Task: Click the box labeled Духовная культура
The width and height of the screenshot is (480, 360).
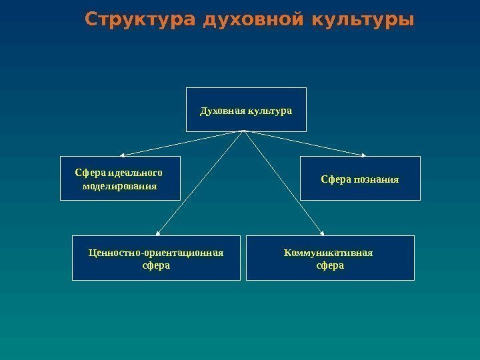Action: click(x=246, y=109)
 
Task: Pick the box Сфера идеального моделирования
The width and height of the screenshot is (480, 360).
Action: click(x=120, y=178)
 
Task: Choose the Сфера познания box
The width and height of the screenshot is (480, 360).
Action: click(x=360, y=178)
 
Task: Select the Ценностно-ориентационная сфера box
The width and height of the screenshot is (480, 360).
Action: click(x=156, y=257)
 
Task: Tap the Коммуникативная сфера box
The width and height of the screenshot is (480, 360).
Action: click(x=330, y=257)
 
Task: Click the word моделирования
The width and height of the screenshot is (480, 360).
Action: click(x=120, y=185)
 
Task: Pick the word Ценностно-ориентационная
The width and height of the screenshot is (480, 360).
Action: click(x=156, y=252)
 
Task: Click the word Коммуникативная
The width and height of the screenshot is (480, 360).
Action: click(x=328, y=252)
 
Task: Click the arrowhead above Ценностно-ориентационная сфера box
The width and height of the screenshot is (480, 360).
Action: click(x=158, y=233)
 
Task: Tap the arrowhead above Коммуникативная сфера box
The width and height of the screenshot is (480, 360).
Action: click(x=322, y=233)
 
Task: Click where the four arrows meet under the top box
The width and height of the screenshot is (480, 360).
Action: click(x=244, y=131)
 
